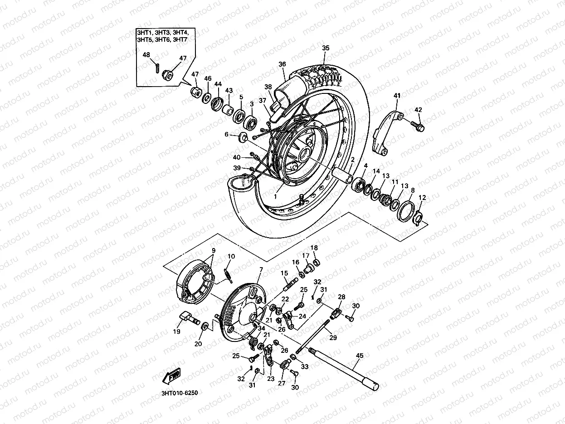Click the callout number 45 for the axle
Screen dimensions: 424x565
click(x=360, y=356)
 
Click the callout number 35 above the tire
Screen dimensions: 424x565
click(x=326, y=48)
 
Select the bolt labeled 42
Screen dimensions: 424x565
click(x=418, y=126)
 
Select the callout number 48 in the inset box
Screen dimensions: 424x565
click(x=146, y=55)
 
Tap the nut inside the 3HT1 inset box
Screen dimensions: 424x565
click(x=166, y=73)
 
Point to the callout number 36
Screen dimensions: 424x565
click(x=282, y=64)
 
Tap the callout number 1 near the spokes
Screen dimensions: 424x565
click(x=275, y=196)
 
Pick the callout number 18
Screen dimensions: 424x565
click(x=314, y=248)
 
